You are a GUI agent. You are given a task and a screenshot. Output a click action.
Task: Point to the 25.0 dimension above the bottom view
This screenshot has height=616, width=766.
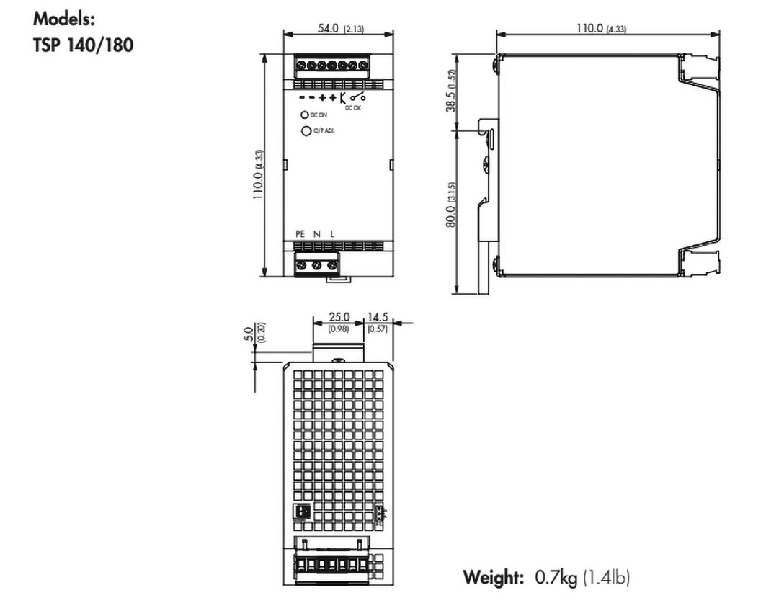339,317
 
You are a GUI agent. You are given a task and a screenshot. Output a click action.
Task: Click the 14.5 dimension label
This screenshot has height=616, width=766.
378,317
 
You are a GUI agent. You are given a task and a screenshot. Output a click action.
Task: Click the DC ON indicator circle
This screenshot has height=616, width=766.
306,115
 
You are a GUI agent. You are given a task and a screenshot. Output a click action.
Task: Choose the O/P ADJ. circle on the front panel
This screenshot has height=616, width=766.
306,130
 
